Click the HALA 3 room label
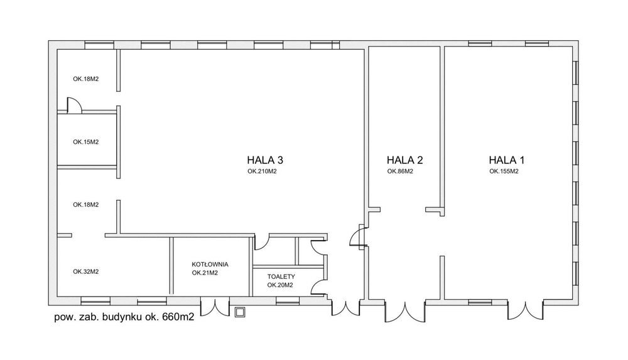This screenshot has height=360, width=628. [265, 160]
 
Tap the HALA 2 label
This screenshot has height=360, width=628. [404, 160]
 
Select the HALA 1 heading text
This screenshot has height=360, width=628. [506, 160]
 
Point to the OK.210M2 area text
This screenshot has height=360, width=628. [262, 171]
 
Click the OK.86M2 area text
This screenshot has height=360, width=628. [399, 171]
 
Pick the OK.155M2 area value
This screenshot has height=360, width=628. [504, 171]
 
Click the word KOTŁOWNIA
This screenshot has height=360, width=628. [210, 264]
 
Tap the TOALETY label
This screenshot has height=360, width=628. [281, 276]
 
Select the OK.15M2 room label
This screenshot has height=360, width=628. [85, 142]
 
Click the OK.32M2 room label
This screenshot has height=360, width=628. [85, 271]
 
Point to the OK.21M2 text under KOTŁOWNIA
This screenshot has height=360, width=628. [205, 273]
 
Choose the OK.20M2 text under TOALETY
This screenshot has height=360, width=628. [280, 285]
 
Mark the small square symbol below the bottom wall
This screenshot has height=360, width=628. [239, 312]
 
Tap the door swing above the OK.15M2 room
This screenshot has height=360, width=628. [73, 105]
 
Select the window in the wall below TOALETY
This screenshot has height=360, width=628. [288, 301]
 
